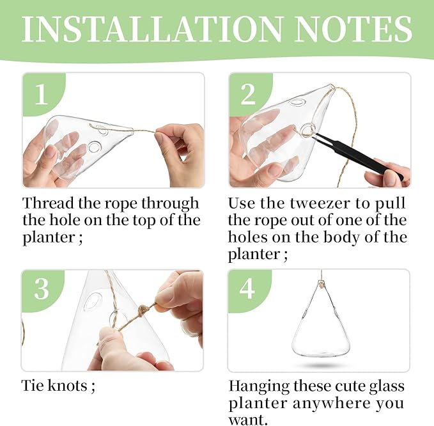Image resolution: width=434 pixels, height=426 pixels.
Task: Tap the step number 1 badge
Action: [x=42, y=95]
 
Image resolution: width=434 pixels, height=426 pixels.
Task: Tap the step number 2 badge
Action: [x=248, y=95]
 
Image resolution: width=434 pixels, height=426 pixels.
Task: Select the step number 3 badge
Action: [x=42, y=289]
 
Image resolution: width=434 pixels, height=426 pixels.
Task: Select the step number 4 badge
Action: [x=248, y=289]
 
